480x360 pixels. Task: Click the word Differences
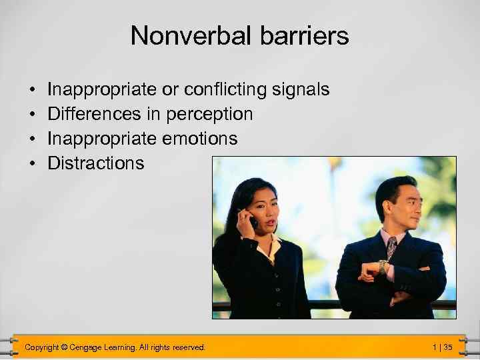click(x=94, y=114)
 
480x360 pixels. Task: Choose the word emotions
click(x=202, y=139)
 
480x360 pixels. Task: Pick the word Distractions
click(x=95, y=163)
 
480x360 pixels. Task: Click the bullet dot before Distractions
click(x=32, y=164)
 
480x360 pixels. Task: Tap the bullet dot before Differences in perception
click(x=32, y=115)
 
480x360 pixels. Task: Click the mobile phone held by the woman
click(x=251, y=219)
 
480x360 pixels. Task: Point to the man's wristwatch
click(x=383, y=267)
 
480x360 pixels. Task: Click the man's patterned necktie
click(x=391, y=247)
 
